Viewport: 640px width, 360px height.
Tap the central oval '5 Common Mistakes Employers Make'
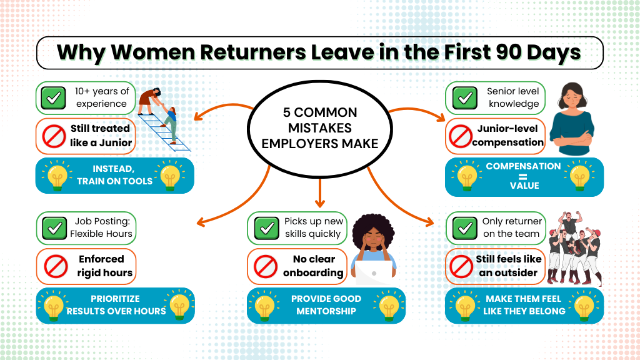[x=319, y=129]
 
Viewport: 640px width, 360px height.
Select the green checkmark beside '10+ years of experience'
[x=53, y=98]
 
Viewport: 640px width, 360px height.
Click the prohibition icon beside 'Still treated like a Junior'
[x=54, y=136]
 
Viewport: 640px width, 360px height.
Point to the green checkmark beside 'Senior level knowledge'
[x=464, y=98]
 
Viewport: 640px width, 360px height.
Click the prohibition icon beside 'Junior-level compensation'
[x=461, y=136]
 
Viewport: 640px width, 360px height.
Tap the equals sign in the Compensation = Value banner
[x=523, y=177]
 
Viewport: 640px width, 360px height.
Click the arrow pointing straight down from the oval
[x=320, y=192]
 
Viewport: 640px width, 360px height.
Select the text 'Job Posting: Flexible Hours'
[x=101, y=227]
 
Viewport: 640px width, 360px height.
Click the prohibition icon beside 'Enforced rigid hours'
[x=56, y=266]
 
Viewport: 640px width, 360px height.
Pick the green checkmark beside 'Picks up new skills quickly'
[x=266, y=227]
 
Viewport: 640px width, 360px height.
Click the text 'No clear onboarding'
[x=313, y=266]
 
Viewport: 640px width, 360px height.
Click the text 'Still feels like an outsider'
[x=509, y=266]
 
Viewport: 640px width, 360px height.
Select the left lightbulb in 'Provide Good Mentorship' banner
[x=264, y=306]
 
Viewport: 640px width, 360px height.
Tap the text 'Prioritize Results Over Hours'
[x=116, y=305]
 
